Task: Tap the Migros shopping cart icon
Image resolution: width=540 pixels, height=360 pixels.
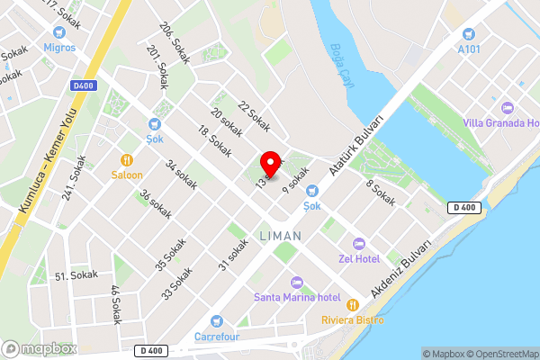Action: (x=59, y=30)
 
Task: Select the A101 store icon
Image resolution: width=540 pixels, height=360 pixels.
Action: (x=467, y=34)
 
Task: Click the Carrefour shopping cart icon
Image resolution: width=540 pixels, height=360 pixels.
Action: (x=216, y=321)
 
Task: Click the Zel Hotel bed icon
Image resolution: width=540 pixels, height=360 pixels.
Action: (x=358, y=244)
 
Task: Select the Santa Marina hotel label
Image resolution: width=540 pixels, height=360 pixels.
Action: (x=296, y=297)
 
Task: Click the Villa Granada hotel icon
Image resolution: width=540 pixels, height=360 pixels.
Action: (x=507, y=107)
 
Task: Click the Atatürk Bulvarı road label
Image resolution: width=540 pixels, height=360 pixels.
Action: (x=356, y=145)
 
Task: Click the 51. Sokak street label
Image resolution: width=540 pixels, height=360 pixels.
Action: (x=76, y=275)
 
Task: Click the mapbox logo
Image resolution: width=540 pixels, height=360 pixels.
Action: (x=40, y=347)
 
